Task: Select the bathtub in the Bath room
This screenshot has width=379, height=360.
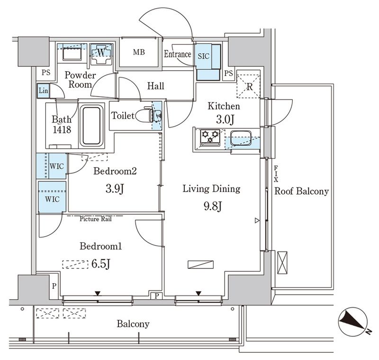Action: click(x=91, y=126)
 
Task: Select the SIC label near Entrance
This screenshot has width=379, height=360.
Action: click(x=204, y=55)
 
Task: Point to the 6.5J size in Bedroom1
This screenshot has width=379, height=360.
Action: click(x=101, y=264)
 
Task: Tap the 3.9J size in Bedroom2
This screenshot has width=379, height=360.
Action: click(x=115, y=190)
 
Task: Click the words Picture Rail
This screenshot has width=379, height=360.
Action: click(x=95, y=219)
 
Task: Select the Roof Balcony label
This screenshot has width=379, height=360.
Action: click(x=301, y=192)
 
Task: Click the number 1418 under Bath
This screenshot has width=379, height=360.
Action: click(x=62, y=129)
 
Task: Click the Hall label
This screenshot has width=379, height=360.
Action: click(x=155, y=86)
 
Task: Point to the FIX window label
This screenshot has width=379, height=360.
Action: click(x=275, y=174)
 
